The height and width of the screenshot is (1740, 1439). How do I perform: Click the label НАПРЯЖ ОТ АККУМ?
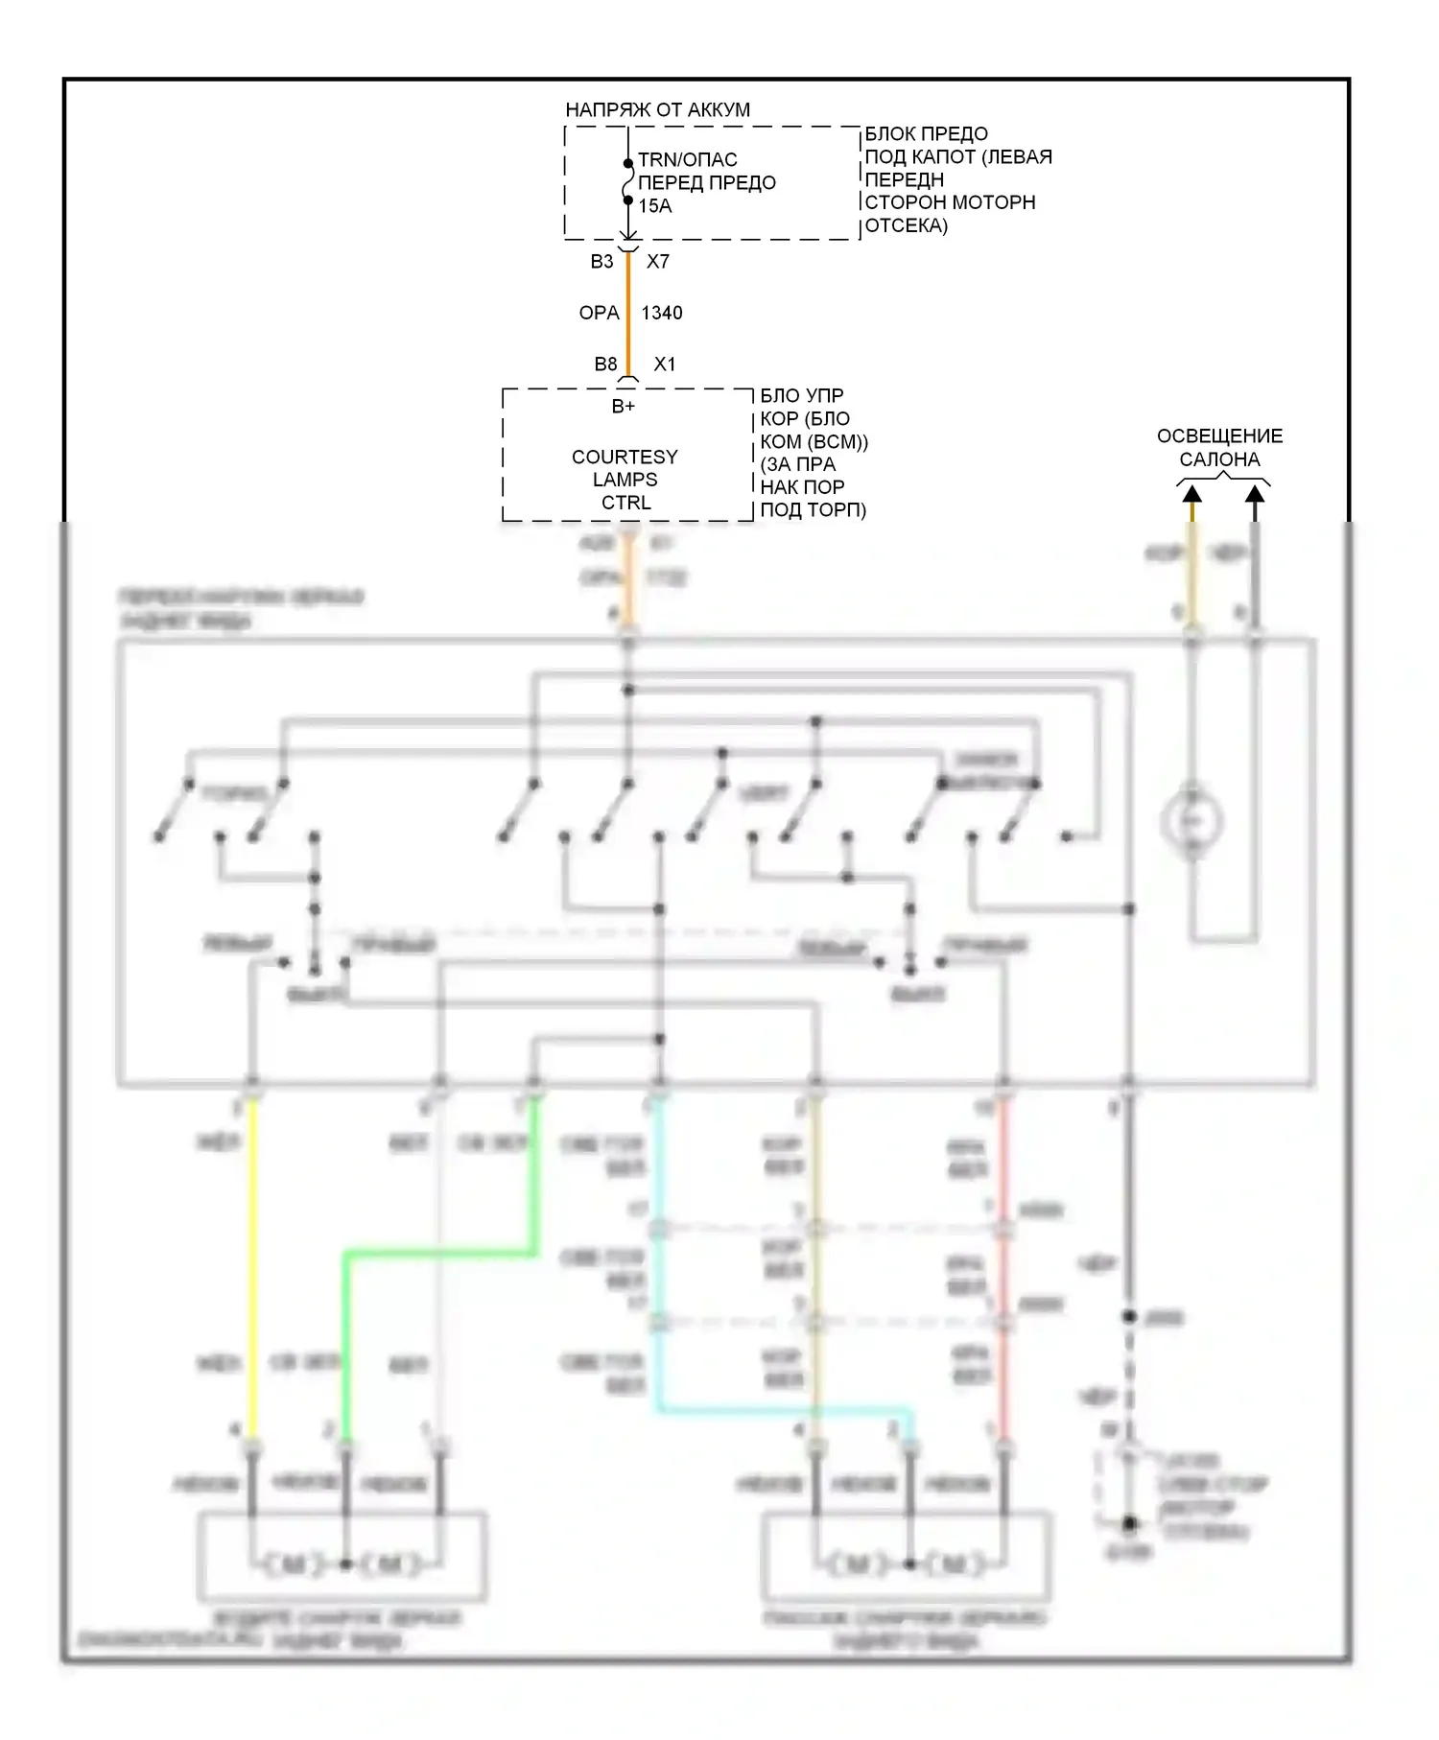pos(657,109)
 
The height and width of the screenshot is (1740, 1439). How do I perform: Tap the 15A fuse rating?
pos(654,206)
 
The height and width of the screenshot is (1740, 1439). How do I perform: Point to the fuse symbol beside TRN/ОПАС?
pos(628,182)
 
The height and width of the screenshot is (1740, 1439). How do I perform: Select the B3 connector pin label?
pos(602,261)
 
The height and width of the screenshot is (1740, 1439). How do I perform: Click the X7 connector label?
pos(658,261)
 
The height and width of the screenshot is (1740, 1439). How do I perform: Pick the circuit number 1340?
pos(662,313)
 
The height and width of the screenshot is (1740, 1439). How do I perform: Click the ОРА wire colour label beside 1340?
pos(599,313)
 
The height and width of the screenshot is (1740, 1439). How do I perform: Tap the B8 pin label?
pos(605,364)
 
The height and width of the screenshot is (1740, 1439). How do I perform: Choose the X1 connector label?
pos(665,364)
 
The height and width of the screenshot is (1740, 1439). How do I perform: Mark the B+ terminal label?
pos(624,407)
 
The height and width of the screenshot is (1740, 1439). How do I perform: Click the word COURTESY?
pos(625,457)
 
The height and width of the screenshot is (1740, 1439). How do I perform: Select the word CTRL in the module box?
pos(625,503)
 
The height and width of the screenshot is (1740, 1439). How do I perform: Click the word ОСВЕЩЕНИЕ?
pos(1219,436)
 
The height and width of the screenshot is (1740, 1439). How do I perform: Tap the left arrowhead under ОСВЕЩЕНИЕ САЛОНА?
pos(1191,495)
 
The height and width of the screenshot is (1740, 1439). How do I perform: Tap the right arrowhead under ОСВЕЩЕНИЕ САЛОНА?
pos(1255,495)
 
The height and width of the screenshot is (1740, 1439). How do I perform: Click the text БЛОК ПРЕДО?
pos(926,134)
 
